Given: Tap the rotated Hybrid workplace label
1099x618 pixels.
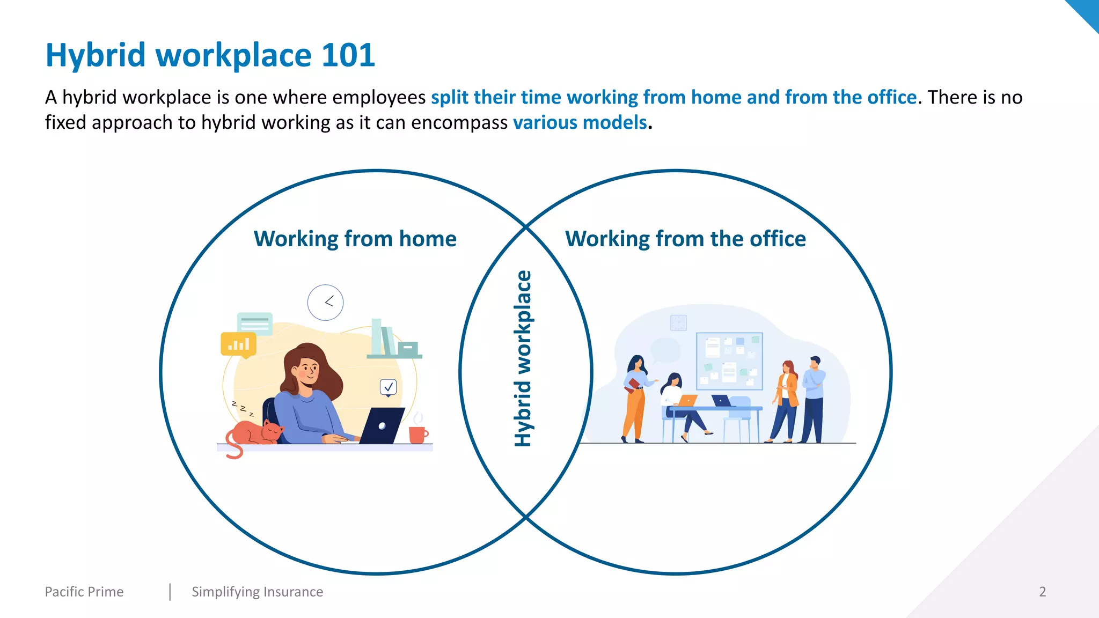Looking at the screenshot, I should click(x=523, y=358).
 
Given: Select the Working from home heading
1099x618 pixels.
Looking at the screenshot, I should click(x=355, y=239).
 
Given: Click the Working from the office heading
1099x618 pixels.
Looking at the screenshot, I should click(x=685, y=239).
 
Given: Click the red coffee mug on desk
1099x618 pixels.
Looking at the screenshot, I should click(x=417, y=433).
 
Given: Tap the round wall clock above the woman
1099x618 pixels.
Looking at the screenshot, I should click(x=325, y=303).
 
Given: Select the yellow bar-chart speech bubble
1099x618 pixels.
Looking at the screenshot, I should click(x=238, y=344).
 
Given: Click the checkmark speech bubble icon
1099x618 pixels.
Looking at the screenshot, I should click(x=388, y=387).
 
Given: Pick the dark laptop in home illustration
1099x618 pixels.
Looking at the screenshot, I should click(x=382, y=425).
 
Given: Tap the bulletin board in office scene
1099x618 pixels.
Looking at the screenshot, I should click(x=729, y=361).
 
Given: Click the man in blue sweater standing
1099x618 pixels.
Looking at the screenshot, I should click(x=813, y=400).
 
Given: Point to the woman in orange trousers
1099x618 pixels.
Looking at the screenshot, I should click(x=635, y=400).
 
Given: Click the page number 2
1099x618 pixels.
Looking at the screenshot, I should click(x=1042, y=592).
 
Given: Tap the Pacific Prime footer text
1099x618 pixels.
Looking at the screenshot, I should click(x=84, y=592).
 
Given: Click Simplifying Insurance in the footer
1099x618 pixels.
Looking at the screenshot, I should click(x=257, y=592).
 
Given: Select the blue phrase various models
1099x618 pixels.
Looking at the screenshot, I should click(x=580, y=123).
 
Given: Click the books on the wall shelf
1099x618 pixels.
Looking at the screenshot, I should click(x=384, y=338).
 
